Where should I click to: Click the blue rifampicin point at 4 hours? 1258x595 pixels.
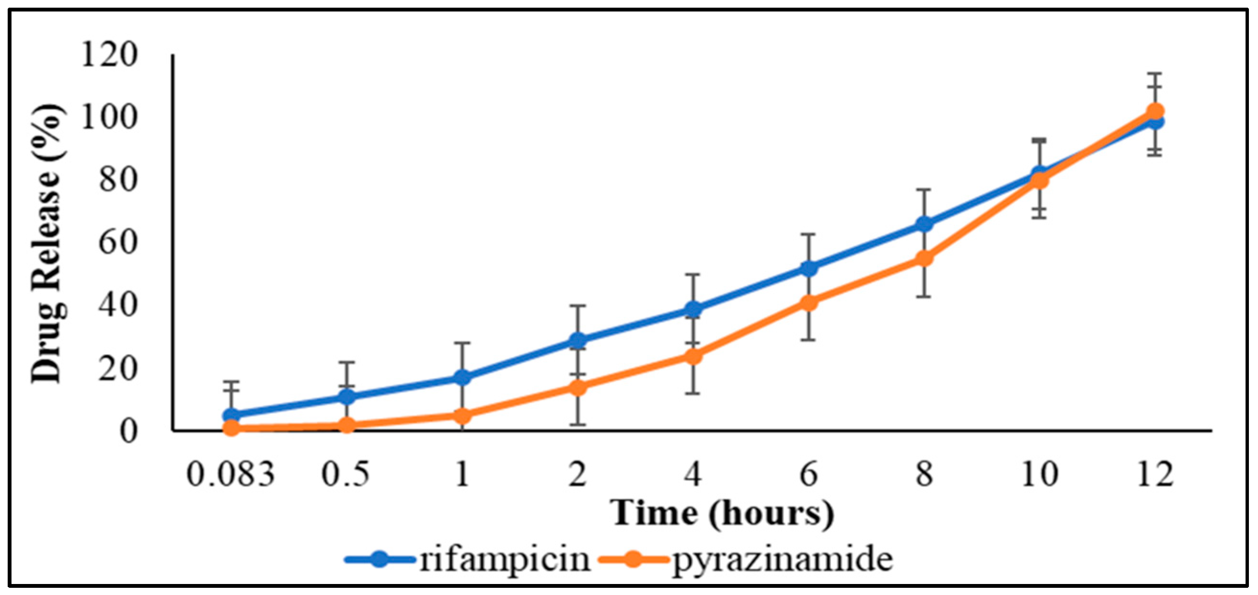693,309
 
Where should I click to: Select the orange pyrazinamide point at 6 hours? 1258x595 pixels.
809,303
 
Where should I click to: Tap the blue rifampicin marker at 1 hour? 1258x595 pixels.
462,377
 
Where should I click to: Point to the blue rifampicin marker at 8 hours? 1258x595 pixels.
924,224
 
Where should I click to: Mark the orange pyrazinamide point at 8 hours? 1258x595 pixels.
924,258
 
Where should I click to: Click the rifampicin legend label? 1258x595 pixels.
505,560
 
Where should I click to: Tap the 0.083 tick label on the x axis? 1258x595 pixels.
231,474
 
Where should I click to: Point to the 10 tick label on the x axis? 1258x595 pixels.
1039,474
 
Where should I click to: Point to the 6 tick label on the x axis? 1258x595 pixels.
809,474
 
